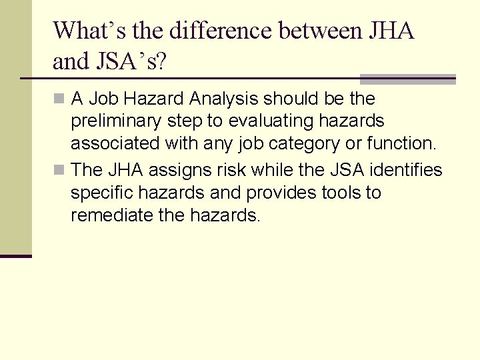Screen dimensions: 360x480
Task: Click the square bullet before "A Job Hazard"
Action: click(x=61, y=99)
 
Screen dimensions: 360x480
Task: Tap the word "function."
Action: click(x=402, y=143)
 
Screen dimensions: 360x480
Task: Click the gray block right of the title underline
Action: click(x=408, y=79)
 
